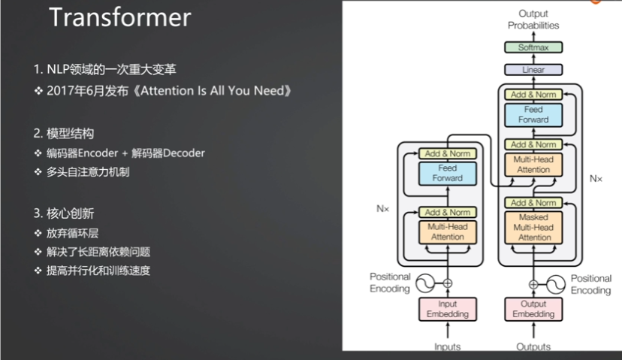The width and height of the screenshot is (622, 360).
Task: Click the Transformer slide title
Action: [x=120, y=17]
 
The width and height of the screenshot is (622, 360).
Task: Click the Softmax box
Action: [x=533, y=47]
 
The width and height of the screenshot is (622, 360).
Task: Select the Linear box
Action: [x=533, y=70]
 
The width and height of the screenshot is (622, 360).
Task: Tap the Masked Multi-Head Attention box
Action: [x=533, y=227]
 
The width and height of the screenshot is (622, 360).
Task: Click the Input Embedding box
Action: [x=448, y=309]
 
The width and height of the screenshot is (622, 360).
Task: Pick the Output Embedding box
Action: [x=533, y=309]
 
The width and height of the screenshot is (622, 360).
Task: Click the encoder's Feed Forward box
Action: [x=448, y=174]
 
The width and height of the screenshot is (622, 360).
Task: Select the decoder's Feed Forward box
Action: [x=533, y=114]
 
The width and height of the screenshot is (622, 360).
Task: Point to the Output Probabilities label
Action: [x=533, y=20]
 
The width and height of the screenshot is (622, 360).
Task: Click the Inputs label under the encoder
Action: [x=448, y=346]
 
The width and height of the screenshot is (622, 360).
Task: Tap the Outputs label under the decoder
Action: [x=533, y=346]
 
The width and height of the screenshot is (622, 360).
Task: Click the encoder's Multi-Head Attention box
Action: [x=448, y=231]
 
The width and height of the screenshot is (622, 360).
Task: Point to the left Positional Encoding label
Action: [x=390, y=283]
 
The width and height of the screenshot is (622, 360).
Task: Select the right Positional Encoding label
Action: [x=591, y=284]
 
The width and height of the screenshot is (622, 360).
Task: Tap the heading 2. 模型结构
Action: [x=64, y=134]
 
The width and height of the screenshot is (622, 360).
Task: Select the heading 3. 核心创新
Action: [x=64, y=213]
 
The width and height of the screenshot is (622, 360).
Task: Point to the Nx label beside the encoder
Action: [x=383, y=208]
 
